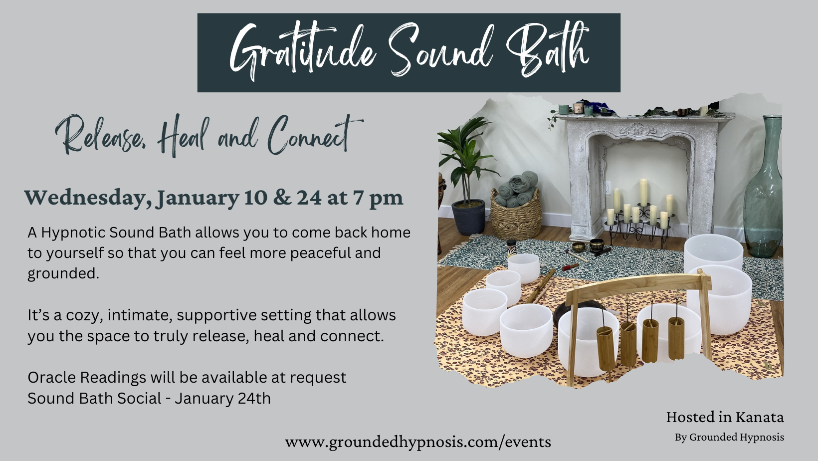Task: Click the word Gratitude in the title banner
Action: coord(303,51)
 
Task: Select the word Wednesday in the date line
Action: coord(88,199)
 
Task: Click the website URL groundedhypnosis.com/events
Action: coord(418,442)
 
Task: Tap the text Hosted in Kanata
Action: coord(725,417)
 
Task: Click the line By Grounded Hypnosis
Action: coord(729,437)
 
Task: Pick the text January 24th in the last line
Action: coord(222,398)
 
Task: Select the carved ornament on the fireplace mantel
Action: coord(638,129)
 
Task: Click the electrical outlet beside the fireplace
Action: coord(608,188)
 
